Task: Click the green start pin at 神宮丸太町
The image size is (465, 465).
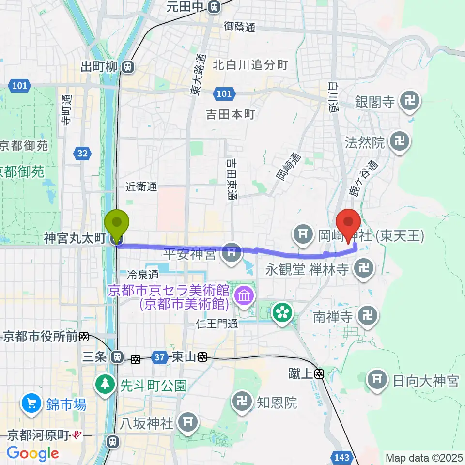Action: [x=117, y=224]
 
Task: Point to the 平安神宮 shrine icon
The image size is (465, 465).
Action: [x=232, y=252]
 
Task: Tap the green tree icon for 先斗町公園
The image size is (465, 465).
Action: [x=104, y=385]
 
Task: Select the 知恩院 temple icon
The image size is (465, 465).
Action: [x=241, y=402]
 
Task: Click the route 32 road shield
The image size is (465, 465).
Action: [x=82, y=154]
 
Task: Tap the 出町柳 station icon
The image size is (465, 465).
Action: [x=128, y=66]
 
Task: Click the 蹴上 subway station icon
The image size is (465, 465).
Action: [x=320, y=373]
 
